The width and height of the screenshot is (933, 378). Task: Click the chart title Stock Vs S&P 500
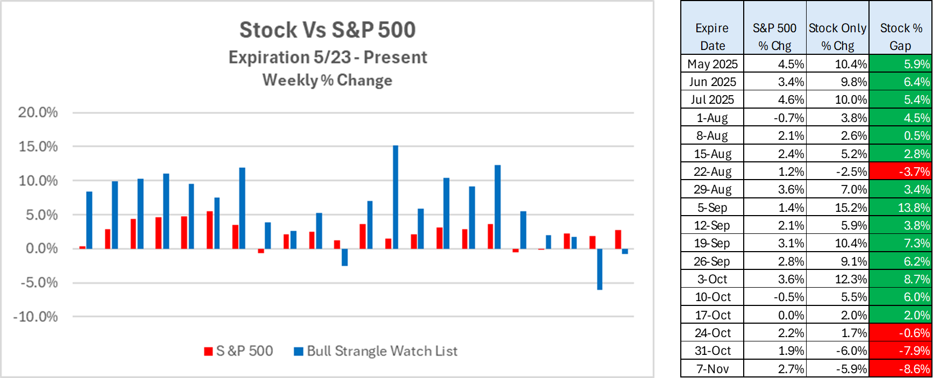(x=327, y=30)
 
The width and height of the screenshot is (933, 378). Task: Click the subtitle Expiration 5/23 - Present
(x=327, y=58)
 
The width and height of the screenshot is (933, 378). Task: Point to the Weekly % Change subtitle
(x=327, y=80)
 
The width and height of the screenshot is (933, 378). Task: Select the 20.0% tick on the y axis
(x=38, y=112)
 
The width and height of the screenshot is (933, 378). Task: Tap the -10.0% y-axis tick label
(x=35, y=317)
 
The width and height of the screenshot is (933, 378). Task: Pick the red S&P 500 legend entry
(x=239, y=351)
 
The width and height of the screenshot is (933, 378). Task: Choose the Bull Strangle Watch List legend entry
(x=376, y=351)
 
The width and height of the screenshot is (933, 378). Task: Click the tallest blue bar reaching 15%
(x=396, y=197)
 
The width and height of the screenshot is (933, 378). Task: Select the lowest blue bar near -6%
(x=600, y=269)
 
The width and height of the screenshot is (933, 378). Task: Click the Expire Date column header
(x=712, y=37)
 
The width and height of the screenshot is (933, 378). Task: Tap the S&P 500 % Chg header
(x=774, y=37)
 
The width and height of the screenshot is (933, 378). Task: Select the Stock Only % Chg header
(x=837, y=37)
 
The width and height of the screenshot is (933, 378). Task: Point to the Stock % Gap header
(x=901, y=37)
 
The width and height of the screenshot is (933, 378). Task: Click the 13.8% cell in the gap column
(x=901, y=208)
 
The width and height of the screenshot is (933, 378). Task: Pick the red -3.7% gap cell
(x=901, y=172)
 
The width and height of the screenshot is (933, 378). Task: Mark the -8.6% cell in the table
(x=901, y=369)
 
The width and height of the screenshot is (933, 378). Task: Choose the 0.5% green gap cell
(x=901, y=135)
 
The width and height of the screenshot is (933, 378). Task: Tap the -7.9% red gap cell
(x=901, y=351)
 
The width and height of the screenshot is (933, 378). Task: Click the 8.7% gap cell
(x=901, y=279)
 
